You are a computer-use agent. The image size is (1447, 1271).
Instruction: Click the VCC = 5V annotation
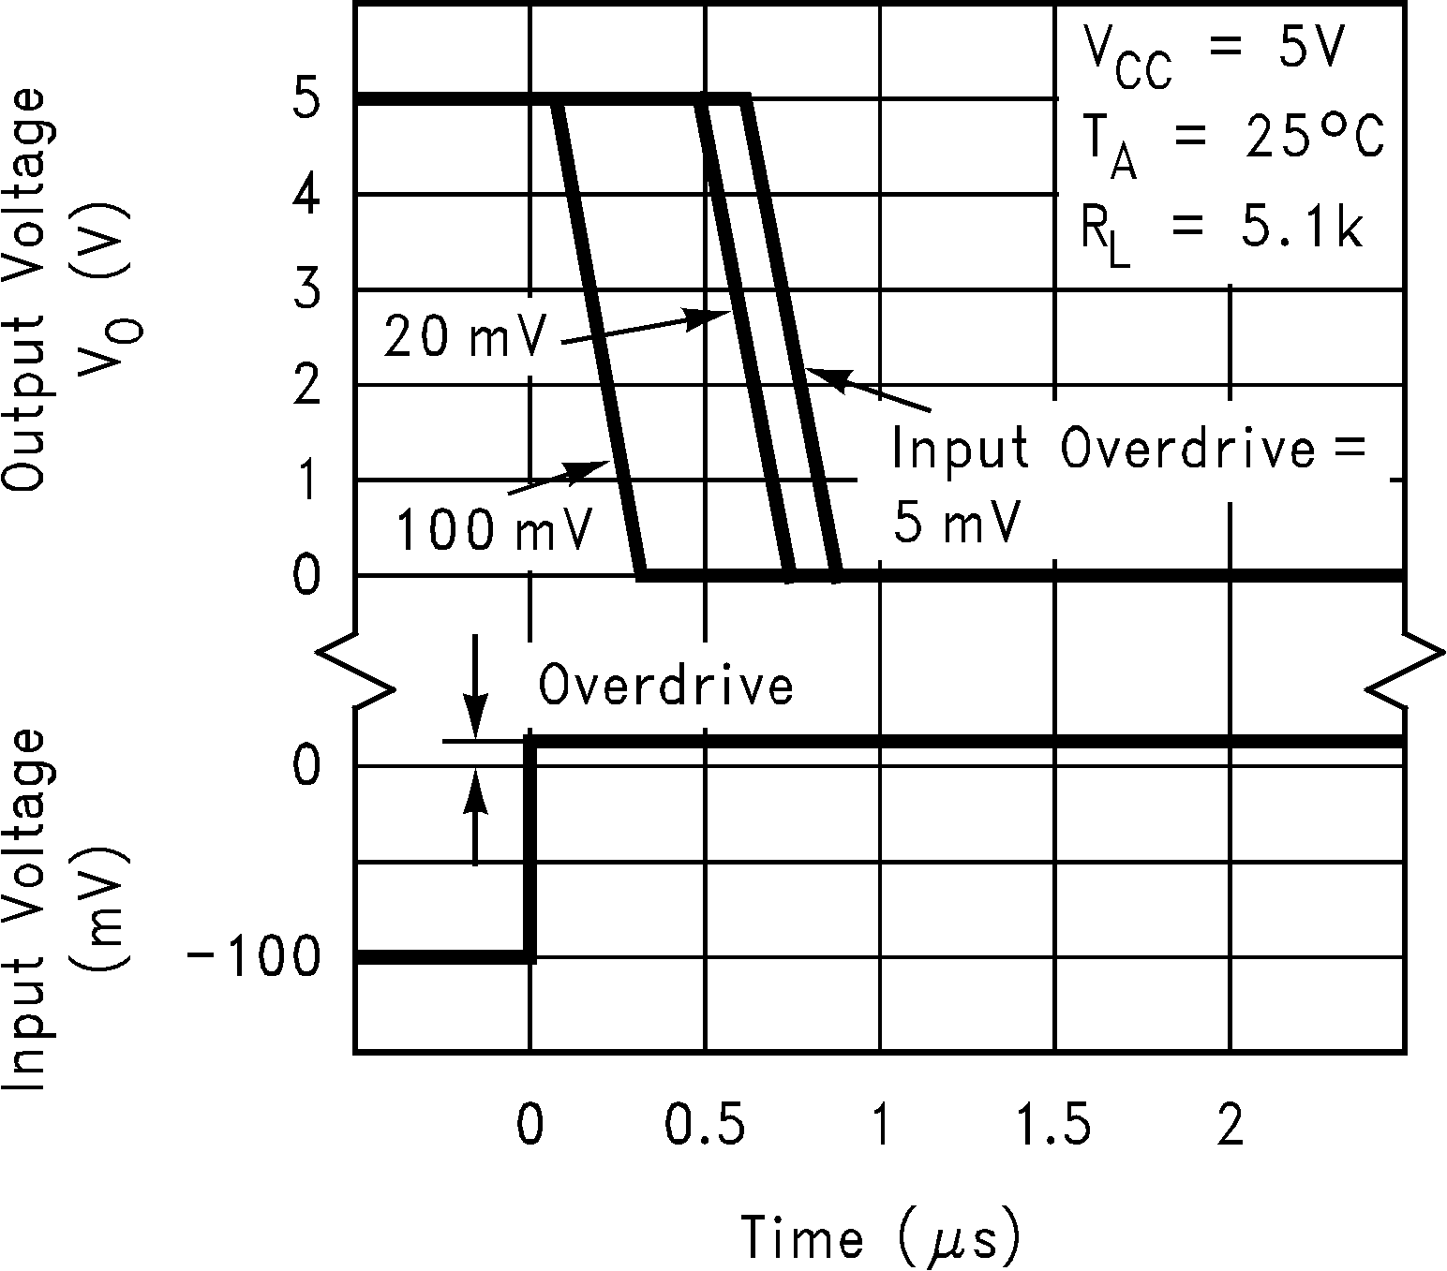1215,54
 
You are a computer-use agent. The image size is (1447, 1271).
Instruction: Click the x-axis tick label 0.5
705,1126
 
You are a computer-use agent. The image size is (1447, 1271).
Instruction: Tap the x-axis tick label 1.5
1055,1126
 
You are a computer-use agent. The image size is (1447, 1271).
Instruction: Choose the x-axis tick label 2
1230,1126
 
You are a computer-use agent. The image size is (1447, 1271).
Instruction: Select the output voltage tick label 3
306,290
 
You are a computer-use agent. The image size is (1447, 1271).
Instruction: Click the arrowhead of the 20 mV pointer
717,315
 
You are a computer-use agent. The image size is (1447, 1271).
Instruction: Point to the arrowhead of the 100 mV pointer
599,466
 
